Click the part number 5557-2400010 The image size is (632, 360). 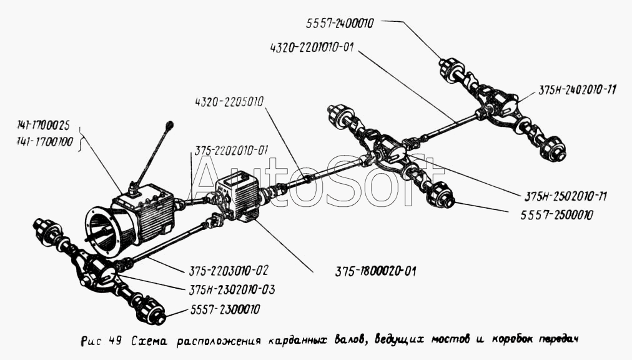[340, 23]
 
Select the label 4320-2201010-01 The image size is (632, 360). [312, 47]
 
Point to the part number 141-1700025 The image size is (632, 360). [44, 126]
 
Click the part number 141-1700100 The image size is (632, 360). [45, 142]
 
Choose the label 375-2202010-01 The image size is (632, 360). [231, 151]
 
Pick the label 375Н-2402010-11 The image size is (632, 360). [577, 89]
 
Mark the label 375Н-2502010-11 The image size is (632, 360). [565, 196]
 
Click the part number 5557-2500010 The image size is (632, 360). [557, 215]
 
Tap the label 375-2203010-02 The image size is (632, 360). [228, 270]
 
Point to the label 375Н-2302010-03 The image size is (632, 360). [232, 289]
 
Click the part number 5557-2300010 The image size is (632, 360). [225, 309]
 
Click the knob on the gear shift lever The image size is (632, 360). [170, 124]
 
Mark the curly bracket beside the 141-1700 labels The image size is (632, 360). [82, 137]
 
